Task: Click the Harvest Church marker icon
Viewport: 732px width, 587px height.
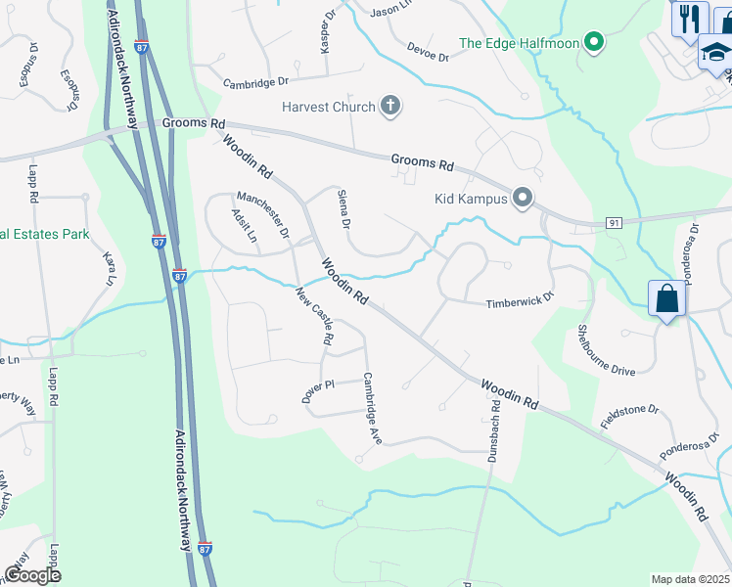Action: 390,106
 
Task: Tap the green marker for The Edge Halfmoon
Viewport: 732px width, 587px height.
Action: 592,42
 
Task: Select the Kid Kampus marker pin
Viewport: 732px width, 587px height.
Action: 522,199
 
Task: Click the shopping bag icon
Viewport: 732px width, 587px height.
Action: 666,299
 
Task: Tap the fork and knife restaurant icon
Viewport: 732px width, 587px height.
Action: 689,18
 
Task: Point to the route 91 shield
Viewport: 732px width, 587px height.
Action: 614,223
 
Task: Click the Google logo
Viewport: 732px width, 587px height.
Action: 32,575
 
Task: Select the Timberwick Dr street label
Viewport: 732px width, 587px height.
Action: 521,303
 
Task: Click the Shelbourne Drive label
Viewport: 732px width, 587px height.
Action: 605,349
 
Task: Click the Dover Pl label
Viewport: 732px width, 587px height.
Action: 318,390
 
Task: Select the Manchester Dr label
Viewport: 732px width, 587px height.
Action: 262,213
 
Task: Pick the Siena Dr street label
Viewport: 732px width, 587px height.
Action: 343,209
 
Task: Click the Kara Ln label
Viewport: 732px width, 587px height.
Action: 110,268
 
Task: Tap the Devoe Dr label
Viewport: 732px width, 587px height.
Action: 427,50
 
